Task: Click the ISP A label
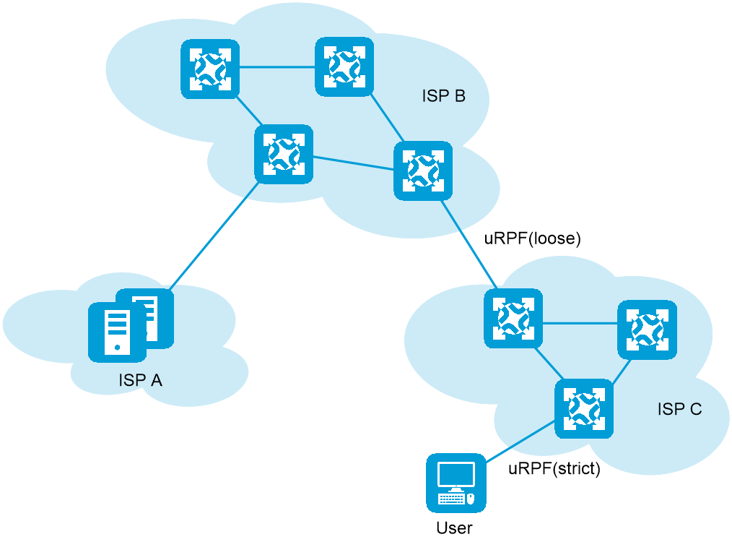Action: point(140,380)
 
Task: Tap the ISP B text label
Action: point(443,96)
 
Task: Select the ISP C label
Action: point(679,409)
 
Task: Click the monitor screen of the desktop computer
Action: point(456,476)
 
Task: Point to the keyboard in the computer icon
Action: point(451,498)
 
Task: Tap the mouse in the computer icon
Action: point(471,498)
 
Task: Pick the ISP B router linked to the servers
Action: point(284,154)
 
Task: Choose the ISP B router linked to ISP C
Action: point(423,171)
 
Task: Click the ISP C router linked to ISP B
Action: point(513,318)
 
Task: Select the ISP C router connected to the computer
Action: point(583,408)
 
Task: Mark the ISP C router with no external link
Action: point(647,330)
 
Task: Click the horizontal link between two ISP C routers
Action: point(580,324)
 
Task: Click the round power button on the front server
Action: point(117,348)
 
